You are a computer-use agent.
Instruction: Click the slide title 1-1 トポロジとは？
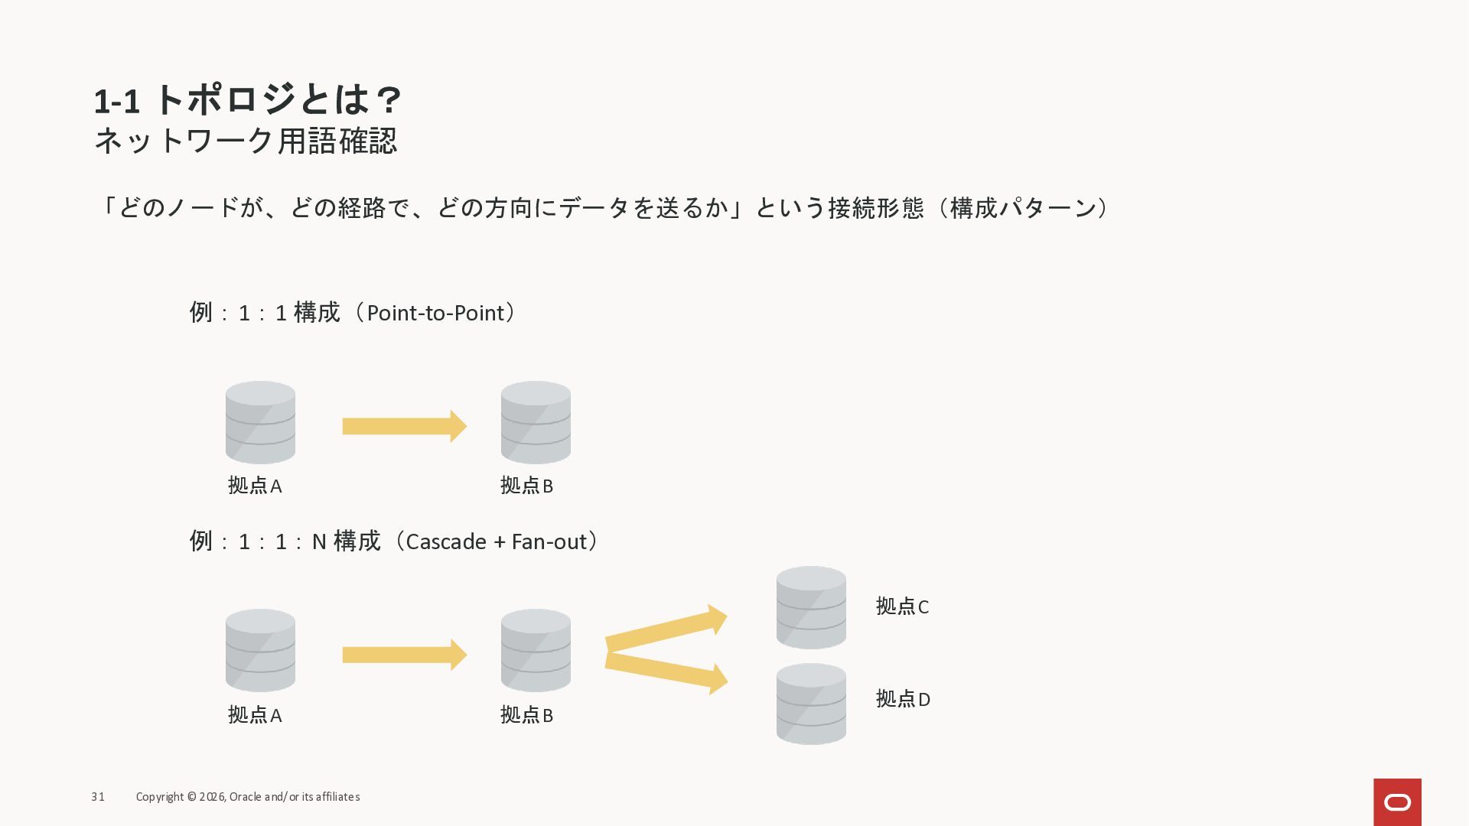pyautogui.click(x=247, y=100)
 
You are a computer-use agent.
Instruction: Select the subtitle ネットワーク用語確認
pyautogui.click(x=245, y=141)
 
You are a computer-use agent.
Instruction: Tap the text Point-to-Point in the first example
pyautogui.click(x=435, y=313)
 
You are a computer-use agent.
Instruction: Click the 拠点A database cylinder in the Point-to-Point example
pyautogui.click(x=260, y=422)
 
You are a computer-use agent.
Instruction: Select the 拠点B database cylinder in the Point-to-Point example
pyautogui.click(x=536, y=422)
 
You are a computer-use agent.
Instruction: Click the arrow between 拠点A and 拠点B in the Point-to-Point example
pyautogui.click(x=404, y=426)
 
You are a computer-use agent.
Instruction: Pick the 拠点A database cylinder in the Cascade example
pyautogui.click(x=260, y=650)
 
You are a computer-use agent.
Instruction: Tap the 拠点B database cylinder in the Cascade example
pyautogui.click(x=536, y=650)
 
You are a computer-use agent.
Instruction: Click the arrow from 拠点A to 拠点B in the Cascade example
pyautogui.click(x=404, y=655)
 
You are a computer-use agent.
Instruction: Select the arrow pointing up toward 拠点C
pyautogui.click(x=666, y=629)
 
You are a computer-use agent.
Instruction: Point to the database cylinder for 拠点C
pyautogui.click(x=811, y=607)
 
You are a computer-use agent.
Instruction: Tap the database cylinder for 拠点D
pyautogui.click(x=811, y=704)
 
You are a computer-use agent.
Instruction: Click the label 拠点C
pyautogui.click(x=902, y=606)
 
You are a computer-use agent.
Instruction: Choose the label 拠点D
pyautogui.click(x=903, y=699)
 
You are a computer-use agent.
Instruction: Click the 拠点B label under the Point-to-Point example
pyautogui.click(x=526, y=486)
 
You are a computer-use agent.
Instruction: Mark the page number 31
pyautogui.click(x=98, y=797)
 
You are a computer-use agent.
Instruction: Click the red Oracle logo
pyautogui.click(x=1397, y=802)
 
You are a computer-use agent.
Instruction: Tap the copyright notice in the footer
pyautogui.click(x=248, y=797)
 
